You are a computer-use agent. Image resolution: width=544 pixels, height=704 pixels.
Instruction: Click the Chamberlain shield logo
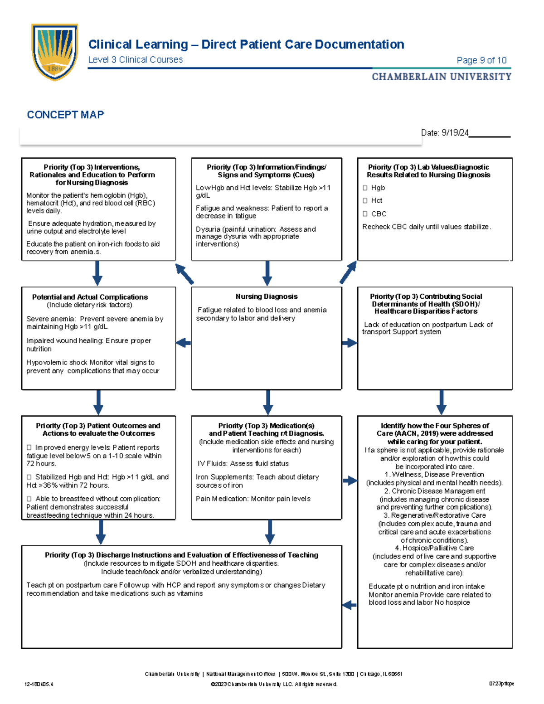(x=54, y=51)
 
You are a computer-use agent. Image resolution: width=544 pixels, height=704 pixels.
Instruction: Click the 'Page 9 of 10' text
(x=481, y=60)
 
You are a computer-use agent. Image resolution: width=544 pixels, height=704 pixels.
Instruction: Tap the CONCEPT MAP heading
(x=65, y=115)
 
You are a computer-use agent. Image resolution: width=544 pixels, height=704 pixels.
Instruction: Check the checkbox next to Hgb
(x=365, y=188)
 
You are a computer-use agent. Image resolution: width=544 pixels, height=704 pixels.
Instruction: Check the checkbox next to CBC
(x=365, y=214)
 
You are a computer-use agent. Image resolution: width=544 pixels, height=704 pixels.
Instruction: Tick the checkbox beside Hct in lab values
(x=365, y=200)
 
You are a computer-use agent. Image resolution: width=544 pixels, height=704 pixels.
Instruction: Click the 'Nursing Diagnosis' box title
(x=267, y=296)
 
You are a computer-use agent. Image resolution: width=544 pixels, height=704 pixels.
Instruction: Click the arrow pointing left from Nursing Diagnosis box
(x=183, y=343)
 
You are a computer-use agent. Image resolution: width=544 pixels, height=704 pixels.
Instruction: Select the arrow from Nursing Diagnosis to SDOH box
(x=350, y=343)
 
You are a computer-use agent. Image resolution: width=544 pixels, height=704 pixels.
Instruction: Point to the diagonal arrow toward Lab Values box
(x=348, y=272)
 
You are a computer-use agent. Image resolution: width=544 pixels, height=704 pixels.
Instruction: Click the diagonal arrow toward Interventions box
(x=185, y=274)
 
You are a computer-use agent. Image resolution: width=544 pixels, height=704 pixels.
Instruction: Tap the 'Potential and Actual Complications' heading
(x=90, y=297)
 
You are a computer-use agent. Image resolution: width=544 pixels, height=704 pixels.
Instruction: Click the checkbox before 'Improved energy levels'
(x=29, y=447)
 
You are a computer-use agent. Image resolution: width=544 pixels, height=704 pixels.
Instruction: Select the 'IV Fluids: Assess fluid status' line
(x=243, y=463)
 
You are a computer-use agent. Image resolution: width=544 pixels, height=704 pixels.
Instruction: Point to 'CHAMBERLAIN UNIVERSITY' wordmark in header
(x=442, y=77)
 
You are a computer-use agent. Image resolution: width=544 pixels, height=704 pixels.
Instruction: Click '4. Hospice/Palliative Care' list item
(x=434, y=548)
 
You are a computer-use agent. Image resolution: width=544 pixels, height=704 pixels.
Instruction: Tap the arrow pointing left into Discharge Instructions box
(x=349, y=605)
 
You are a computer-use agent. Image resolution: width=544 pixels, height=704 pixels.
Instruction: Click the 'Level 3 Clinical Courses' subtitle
(x=135, y=60)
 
